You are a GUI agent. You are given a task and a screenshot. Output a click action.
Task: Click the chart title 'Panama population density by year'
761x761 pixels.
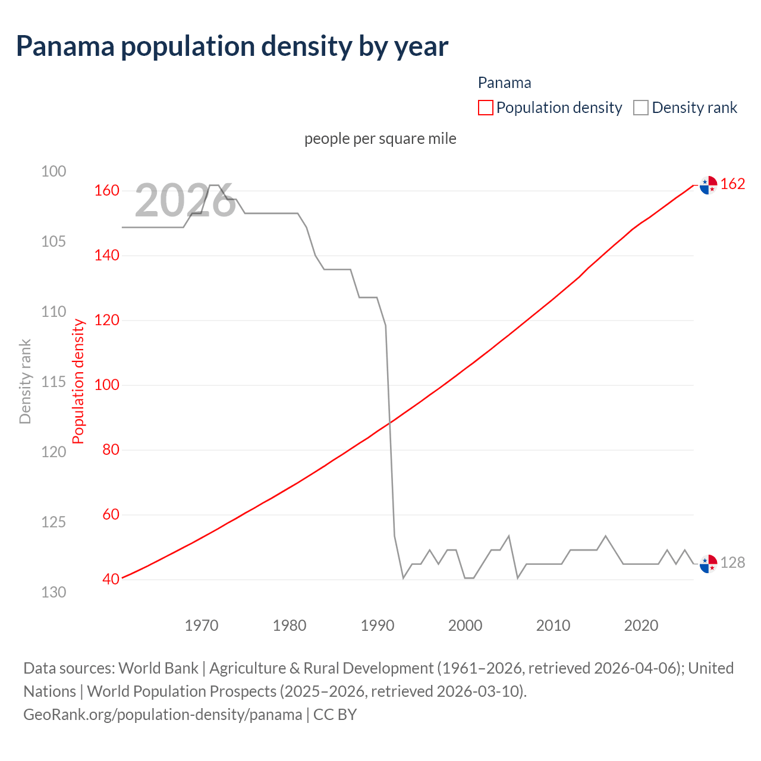232,46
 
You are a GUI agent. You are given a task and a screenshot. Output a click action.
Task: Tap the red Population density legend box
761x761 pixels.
485,108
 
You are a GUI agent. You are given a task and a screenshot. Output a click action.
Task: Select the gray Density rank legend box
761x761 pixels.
640,108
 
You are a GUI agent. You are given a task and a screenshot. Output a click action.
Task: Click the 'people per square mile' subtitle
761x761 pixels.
380,139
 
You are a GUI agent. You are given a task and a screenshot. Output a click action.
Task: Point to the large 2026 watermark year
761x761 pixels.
185,201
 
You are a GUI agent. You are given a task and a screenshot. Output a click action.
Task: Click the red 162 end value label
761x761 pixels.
732,184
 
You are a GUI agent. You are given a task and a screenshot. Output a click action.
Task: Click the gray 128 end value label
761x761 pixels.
732,562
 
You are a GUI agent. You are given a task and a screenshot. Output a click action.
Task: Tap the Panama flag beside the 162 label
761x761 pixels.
708,185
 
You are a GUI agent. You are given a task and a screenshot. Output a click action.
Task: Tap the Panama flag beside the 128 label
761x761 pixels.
708,563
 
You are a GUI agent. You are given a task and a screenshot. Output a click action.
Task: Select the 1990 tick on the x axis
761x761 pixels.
378,625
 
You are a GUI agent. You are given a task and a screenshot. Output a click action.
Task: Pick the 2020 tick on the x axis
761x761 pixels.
641,625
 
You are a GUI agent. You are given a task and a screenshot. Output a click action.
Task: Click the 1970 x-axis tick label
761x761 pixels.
202,625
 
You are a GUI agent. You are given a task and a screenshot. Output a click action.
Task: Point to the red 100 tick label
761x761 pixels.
106,385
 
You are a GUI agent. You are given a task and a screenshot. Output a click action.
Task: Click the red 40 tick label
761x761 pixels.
111,579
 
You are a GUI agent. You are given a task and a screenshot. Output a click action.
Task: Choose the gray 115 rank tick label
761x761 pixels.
54,382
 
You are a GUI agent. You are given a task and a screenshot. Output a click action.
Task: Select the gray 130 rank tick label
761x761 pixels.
54,592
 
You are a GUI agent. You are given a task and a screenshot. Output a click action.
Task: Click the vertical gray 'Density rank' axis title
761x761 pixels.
25,382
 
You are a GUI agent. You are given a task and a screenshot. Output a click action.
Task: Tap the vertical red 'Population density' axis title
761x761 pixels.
78,382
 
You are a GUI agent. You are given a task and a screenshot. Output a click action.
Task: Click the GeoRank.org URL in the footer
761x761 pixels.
162,714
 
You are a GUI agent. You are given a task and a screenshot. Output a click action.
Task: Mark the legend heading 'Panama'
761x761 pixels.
504,83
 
